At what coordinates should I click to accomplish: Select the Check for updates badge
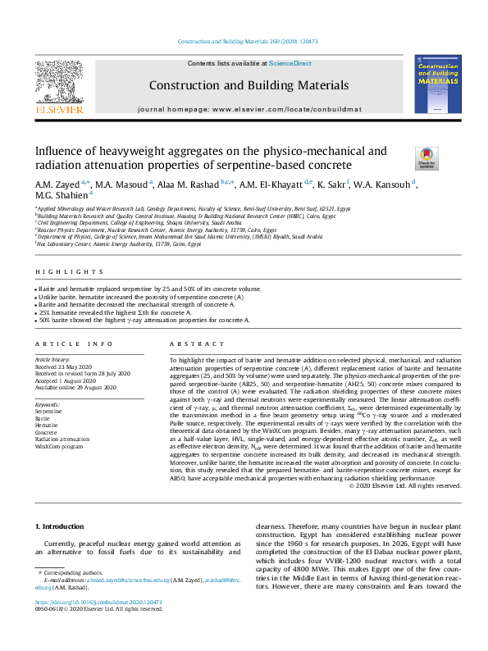tap(426, 156)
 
